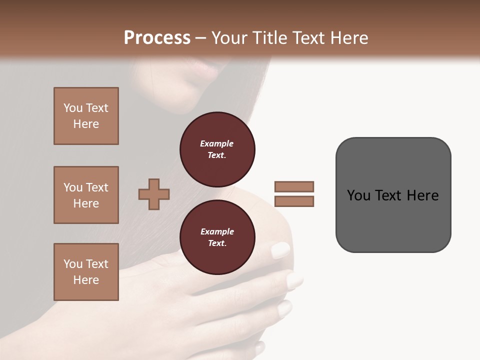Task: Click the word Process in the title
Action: [x=157, y=38]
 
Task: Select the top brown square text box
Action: [x=86, y=116]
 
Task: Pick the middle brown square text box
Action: [x=86, y=195]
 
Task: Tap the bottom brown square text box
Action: [x=86, y=272]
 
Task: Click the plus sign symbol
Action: [x=154, y=194]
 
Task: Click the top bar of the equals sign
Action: [x=294, y=186]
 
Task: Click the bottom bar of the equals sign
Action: [x=294, y=201]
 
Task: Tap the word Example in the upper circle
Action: [x=217, y=143]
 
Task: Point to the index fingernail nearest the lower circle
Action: [x=280, y=250]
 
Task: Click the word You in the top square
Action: [x=73, y=108]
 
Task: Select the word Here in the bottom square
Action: [x=86, y=280]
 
